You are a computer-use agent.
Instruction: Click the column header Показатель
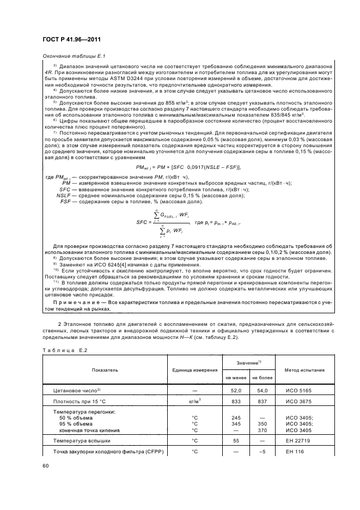pyautogui.click(x=105, y=370)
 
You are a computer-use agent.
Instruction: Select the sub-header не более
pyautogui.click(x=263, y=377)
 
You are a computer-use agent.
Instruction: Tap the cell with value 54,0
pyautogui.click(x=263, y=391)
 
